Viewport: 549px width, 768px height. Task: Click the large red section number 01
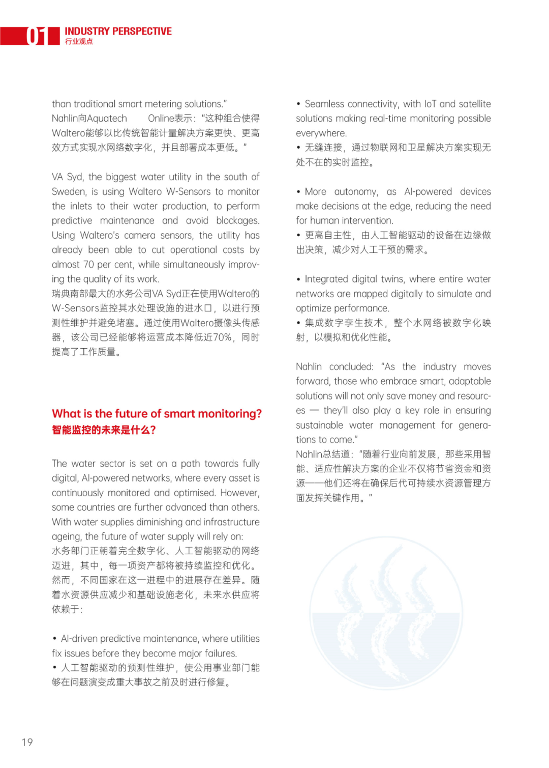click(x=37, y=36)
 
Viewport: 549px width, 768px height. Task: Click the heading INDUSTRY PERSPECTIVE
click(x=118, y=32)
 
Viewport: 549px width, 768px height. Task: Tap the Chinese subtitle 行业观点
click(x=79, y=42)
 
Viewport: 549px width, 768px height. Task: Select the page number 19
click(x=27, y=742)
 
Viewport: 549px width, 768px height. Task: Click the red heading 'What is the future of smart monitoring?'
click(x=157, y=414)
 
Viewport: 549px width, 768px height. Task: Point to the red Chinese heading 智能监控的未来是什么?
click(x=104, y=430)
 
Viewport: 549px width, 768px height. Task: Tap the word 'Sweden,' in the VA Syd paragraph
click(x=69, y=192)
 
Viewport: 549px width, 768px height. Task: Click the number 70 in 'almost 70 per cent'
click(x=88, y=265)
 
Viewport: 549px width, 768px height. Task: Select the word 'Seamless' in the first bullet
click(x=324, y=104)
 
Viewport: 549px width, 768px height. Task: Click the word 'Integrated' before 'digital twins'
click(x=326, y=279)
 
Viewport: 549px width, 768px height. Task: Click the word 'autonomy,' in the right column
click(x=356, y=192)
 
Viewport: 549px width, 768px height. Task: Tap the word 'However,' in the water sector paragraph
click(x=242, y=493)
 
